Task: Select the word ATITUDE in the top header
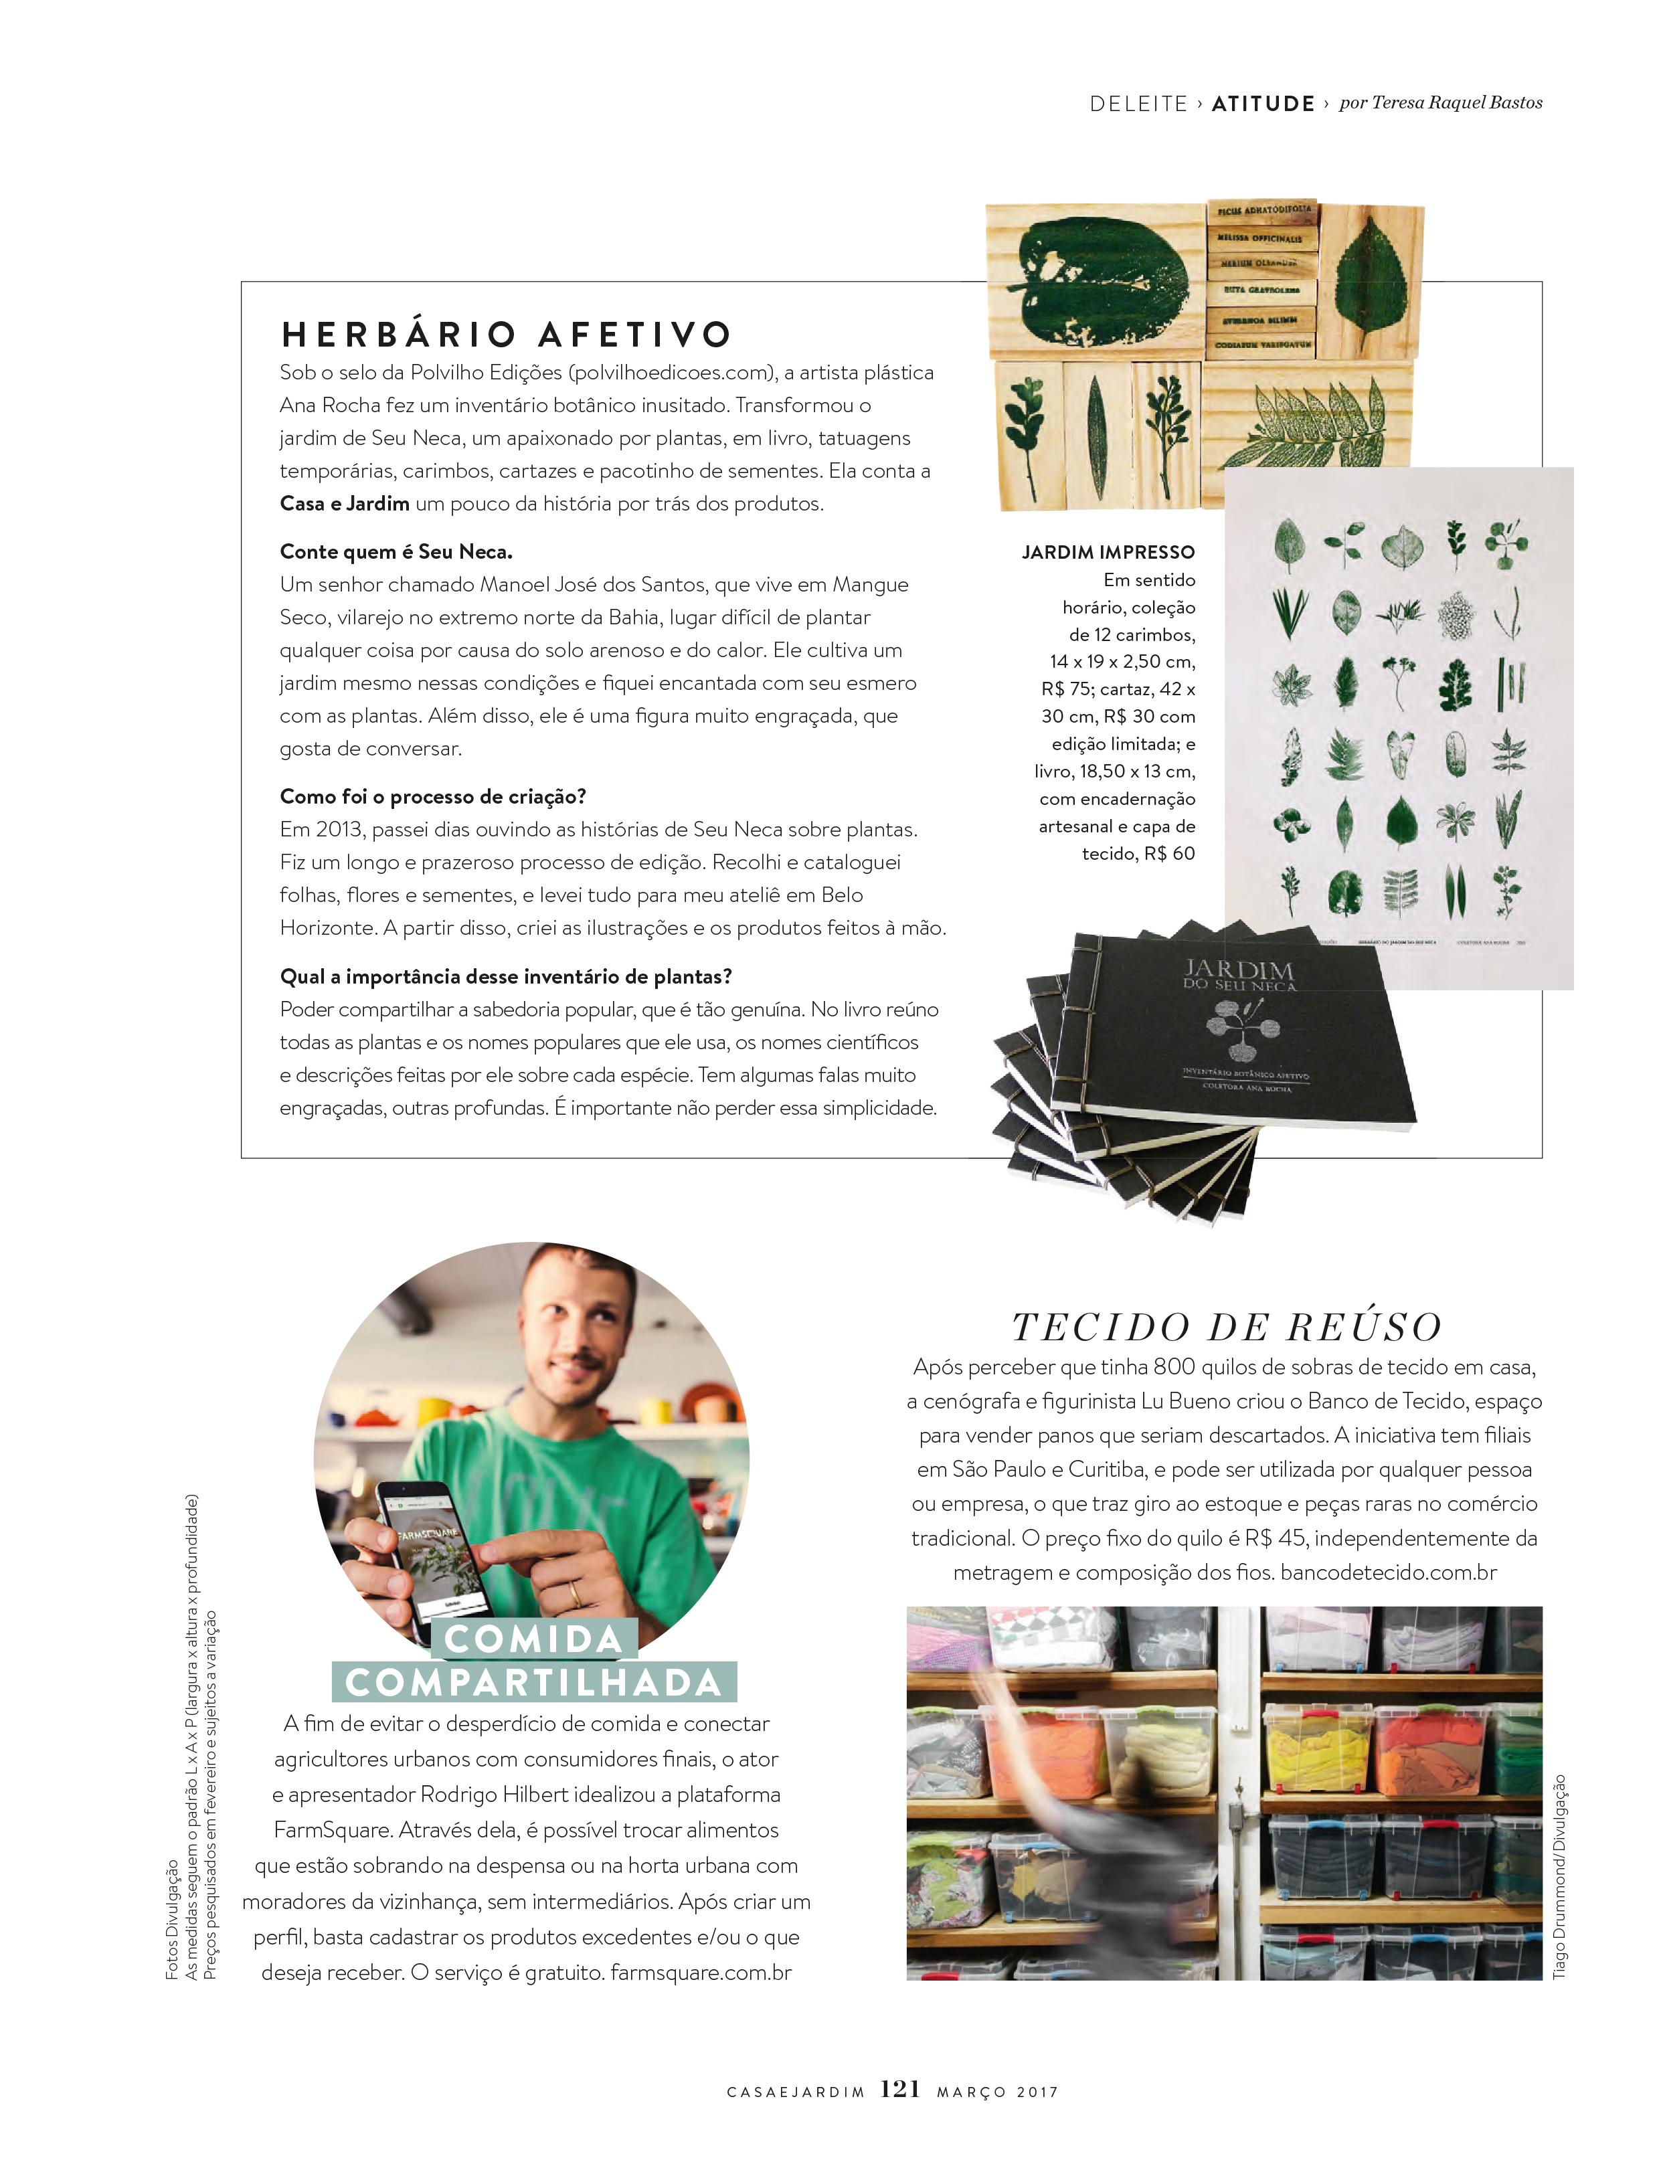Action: click(x=1263, y=104)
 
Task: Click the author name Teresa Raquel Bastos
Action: click(x=1457, y=102)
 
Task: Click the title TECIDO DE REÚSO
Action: click(x=1227, y=1327)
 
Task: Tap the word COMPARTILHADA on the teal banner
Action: click(x=534, y=1682)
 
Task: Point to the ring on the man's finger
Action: click(x=576, y=1593)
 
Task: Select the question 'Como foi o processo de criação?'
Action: click(x=432, y=796)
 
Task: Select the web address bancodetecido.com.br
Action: click(x=1389, y=1571)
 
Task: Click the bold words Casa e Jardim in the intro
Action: click(x=345, y=504)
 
